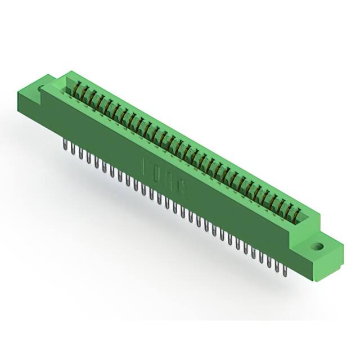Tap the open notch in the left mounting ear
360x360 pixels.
click(42, 88)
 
